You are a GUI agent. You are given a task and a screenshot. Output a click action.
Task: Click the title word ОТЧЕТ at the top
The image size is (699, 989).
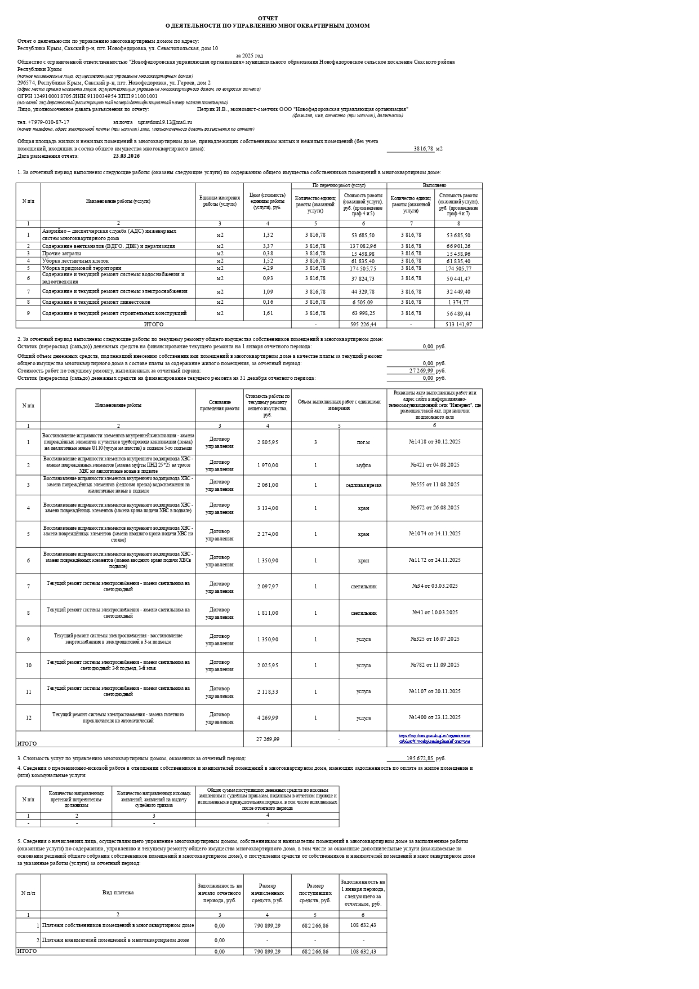[268, 19]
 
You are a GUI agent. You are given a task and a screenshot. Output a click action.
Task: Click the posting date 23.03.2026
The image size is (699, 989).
[126, 156]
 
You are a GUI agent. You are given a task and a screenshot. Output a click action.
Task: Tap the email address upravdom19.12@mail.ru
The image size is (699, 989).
[165, 122]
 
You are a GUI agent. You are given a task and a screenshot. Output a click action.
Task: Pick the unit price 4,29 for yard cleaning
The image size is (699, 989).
[268, 268]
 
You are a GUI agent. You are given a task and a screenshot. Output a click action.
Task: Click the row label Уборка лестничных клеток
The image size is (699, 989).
[75, 261]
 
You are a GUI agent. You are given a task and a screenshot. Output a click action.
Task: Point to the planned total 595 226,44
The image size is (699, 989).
[363, 325]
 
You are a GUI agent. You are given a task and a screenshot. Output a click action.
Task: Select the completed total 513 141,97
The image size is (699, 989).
[458, 325]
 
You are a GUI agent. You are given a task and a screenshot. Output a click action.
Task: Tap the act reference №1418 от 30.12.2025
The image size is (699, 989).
[434, 442]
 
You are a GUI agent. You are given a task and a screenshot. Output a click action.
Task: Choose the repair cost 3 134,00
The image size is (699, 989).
[268, 508]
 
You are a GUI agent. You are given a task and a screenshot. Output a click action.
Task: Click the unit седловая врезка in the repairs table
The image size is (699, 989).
[363, 485]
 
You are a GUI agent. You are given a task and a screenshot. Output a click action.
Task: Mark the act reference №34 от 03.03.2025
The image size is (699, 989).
[434, 586]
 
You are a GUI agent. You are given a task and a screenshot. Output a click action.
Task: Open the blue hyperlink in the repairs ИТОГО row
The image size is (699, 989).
[434, 739]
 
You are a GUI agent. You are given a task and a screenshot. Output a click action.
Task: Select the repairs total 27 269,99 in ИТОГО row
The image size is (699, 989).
[268, 739]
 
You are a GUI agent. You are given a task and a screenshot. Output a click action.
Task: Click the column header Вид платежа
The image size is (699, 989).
[118, 893]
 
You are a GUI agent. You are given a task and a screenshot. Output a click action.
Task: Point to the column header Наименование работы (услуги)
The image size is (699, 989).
[118, 201]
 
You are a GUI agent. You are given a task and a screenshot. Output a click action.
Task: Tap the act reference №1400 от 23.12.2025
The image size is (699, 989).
[434, 717]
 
